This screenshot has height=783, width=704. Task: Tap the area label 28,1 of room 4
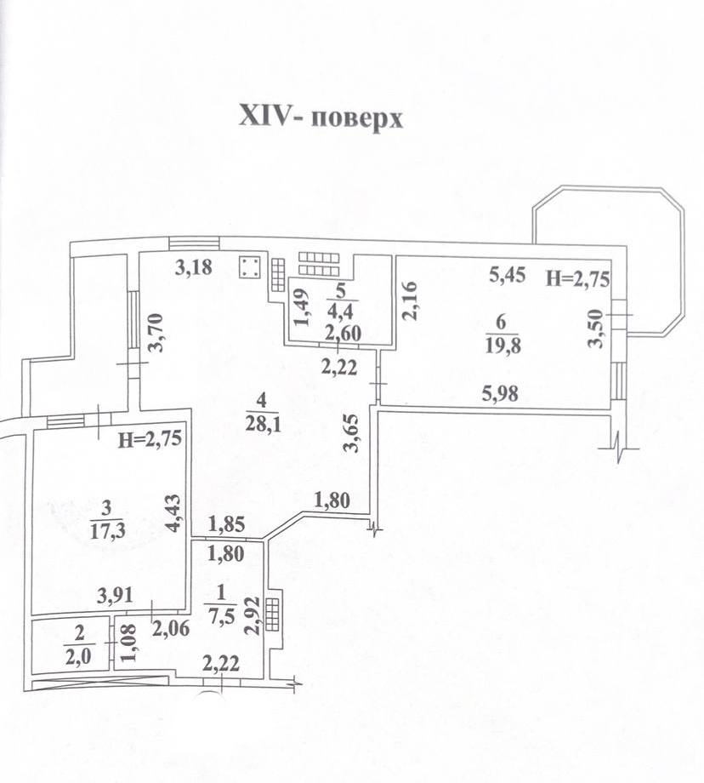click(263, 424)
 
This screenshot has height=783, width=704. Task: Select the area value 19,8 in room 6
click(503, 345)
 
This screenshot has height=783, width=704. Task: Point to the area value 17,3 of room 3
click(107, 531)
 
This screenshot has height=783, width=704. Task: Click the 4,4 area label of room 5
click(340, 312)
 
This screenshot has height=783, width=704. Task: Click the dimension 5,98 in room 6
click(500, 394)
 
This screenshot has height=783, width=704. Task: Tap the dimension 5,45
click(507, 274)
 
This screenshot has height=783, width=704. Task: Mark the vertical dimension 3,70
click(156, 333)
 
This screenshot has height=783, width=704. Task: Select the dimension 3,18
click(194, 267)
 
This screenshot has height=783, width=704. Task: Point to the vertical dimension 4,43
click(173, 513)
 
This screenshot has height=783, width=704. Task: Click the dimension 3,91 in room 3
click(116, 596)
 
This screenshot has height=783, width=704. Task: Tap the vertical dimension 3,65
click(353, 432)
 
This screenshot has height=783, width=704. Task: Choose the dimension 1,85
click(226, 524)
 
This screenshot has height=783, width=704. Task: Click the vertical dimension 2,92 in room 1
click(253, 616)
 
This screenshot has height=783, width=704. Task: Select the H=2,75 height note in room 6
click(578, 278)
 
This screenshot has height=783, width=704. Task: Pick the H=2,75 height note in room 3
click(150, 439)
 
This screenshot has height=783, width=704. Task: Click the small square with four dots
click(249, 267)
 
